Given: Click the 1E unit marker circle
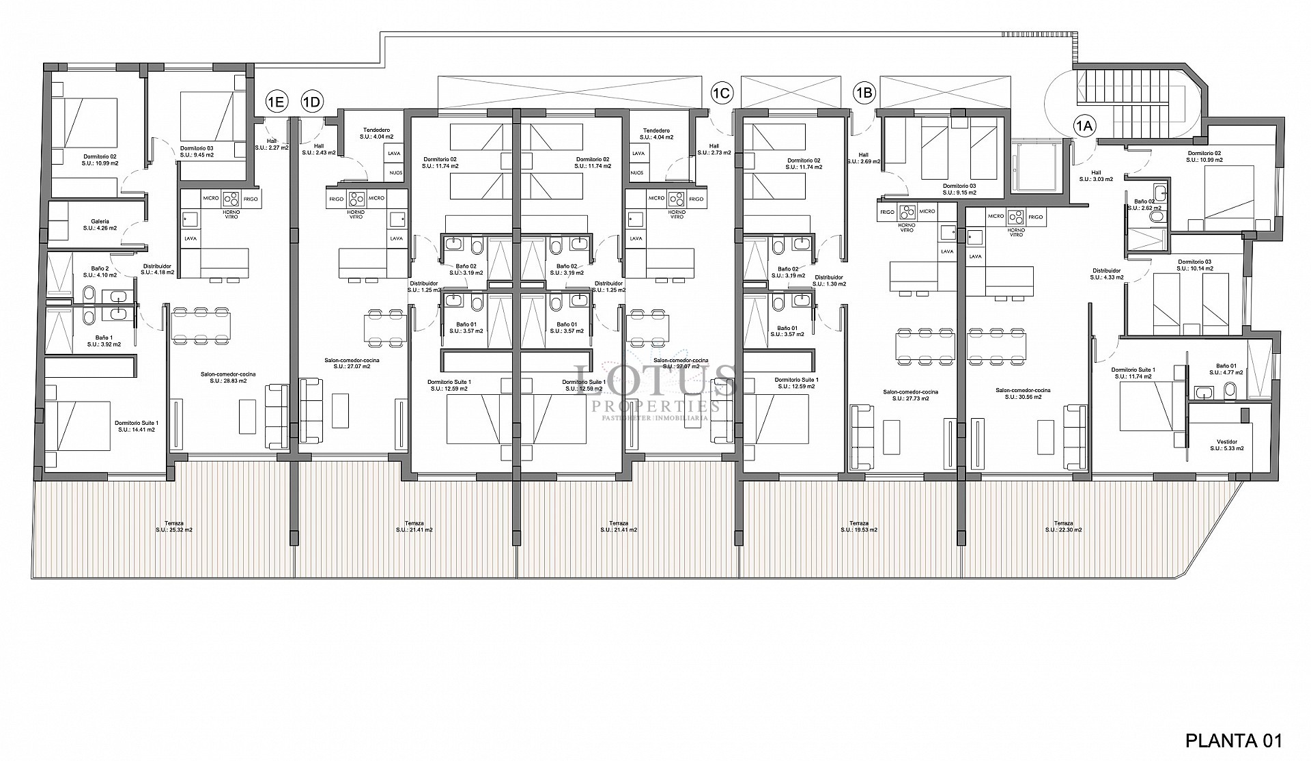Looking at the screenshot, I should [x=275, y=102].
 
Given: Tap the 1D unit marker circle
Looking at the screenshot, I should [x=311, y=102].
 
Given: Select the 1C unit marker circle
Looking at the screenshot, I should [x=722, y=92].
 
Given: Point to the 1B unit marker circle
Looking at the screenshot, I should [x=864, y=92].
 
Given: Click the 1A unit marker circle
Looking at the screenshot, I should [x=1084, y=126].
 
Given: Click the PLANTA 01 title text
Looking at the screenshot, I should [x=1233, y=741].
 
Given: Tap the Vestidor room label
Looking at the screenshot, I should [x=1226, y=445].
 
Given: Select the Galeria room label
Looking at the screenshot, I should [x=100, y=225].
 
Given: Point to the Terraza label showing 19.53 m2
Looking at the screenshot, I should [x=859, y=526].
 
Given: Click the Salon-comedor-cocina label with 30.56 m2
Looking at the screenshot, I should [x=1022, y=394].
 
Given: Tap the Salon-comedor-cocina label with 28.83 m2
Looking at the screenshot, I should [x=228, y=378].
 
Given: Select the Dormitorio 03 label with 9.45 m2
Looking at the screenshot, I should [x=197, y=151].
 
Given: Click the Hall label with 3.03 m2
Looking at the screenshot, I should [x=1096, y=176].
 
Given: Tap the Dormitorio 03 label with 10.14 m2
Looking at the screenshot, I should [x=1194, y=265].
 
